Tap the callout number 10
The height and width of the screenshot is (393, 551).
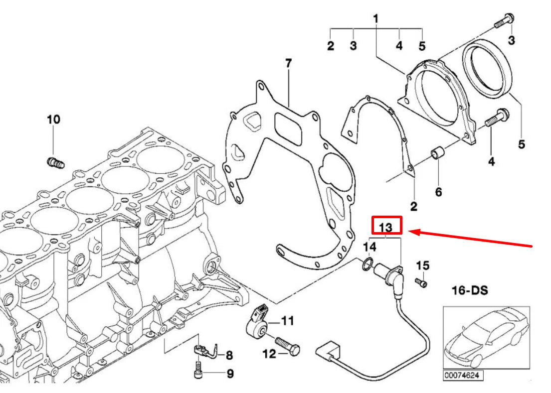53,120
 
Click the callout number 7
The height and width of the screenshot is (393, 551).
288,64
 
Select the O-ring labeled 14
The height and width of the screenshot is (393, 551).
367,264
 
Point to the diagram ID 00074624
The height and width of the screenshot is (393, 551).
464,375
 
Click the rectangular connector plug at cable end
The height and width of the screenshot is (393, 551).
326,349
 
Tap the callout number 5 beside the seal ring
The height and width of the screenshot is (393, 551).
521,144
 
